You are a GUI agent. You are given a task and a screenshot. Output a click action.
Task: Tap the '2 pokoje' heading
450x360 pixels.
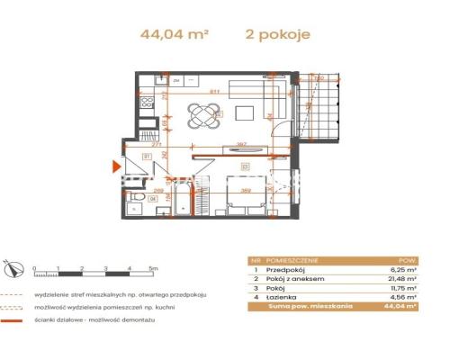[x=278, y=35]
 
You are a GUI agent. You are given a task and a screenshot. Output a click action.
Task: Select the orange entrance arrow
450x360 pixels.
[x=113, y=166]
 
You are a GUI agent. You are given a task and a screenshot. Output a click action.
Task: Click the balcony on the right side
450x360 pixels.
[x=323, y=112]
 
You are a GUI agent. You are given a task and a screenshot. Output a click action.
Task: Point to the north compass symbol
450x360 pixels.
[x=11, y=266]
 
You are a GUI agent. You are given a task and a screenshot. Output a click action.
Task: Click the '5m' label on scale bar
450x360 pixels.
[x=154, y=267]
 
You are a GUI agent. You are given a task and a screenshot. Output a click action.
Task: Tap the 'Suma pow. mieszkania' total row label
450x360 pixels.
[x=302, y=306]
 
